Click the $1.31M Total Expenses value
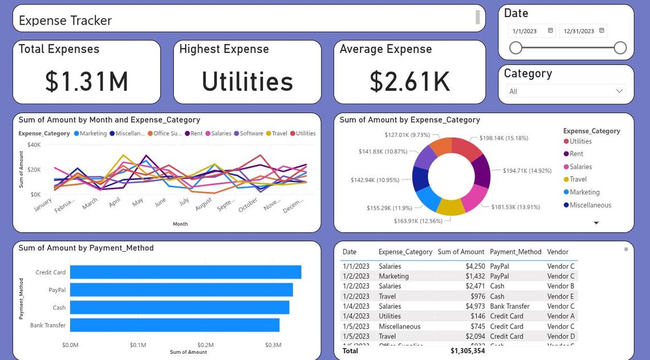tap(87, 82)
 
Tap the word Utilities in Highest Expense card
tap(247, 82)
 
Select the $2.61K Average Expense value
tap(409, 82)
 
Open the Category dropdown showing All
tap(566, 91)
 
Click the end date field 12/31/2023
tap(582, 31)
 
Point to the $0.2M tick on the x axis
tap(205, 345)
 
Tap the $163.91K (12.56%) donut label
tap(418, 221)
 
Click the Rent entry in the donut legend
tap(576, 154)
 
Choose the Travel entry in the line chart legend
tap(279, 134)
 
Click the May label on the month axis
tap(137, 203)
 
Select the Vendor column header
tap(557, 252)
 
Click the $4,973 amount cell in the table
tap(475, 306)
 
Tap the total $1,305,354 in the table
tap(468, 351)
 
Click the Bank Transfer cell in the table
tap(509, 306)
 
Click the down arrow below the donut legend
tap(596, 223)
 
